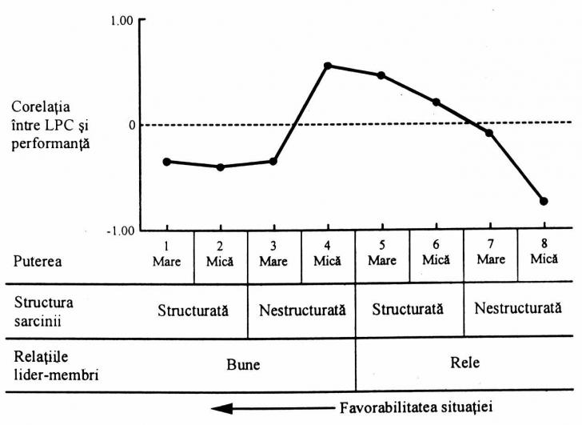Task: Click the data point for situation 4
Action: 328,66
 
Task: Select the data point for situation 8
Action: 544,201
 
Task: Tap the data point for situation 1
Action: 166,162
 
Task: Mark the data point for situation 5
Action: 381,75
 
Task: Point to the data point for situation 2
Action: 221,166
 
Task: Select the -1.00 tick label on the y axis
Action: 118,231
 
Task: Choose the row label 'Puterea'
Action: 38,260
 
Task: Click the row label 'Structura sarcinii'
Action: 41,309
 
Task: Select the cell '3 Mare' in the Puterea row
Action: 274,255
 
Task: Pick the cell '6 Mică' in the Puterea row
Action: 436,255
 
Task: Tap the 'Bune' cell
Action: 246,363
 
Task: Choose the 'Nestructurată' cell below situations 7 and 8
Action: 517,309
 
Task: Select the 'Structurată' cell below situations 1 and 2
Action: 193,309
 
